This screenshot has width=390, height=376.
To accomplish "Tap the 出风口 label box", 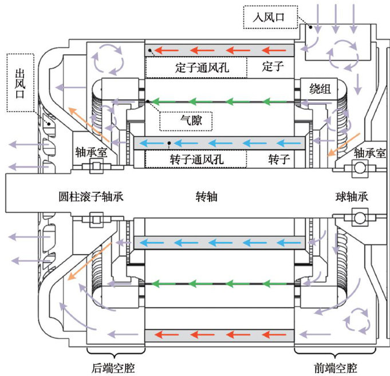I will pyautogui.click(x=22, y=82).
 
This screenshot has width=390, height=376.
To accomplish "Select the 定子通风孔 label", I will pyautogui.click(x=196, y=68).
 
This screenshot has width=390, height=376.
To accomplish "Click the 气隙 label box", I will pyautogui.click(x=186, y=121).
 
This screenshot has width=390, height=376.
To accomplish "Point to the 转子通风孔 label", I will pyautogui.click(x=195, y=159).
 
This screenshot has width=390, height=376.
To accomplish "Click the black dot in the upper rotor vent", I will pyautogui.click(x=170, y=143).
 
